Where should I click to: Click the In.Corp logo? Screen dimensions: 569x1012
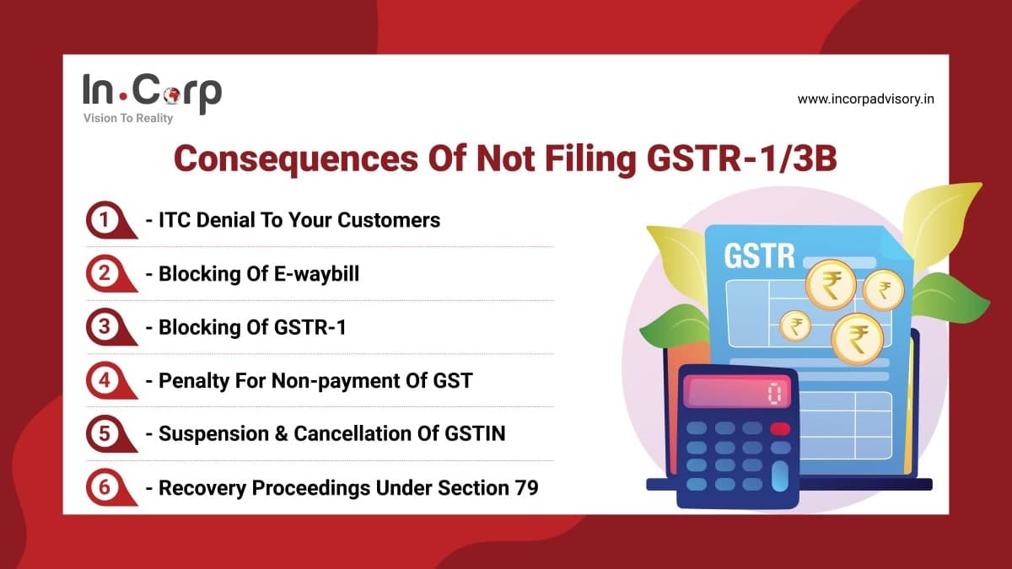pos(152,92)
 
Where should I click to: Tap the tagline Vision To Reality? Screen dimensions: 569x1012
pos(128,119)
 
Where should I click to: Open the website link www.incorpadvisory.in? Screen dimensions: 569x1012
pos(865,99)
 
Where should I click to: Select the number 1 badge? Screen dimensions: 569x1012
pos(105,221)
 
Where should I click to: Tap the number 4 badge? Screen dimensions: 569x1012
pos(105,380)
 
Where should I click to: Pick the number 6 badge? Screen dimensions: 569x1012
pos(105,487)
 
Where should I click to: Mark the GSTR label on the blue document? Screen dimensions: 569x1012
pos(759,255)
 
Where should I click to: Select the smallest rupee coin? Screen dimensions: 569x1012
pos(794,325)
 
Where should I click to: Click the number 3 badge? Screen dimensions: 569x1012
pos(105,327)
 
